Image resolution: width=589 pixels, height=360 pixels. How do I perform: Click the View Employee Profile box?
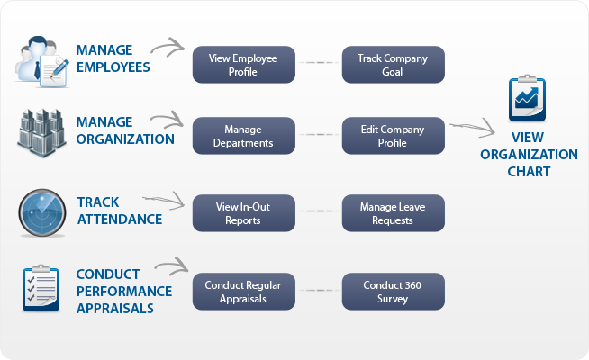[x=244, y=65]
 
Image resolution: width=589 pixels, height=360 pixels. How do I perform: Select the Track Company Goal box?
[x=394, y=65]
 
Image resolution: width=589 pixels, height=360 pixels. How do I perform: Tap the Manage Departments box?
[x=244, y=136]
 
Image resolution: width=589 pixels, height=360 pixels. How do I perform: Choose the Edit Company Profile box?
[x=394, y=136]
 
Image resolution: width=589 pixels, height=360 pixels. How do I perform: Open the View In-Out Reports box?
[x=244, y=213]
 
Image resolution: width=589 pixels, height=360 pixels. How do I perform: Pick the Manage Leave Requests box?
[x=394, y=213]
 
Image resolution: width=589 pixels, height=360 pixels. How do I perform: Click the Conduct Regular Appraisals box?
[x=244, y=292]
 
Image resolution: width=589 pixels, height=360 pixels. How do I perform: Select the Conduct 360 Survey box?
[x=394, y=292]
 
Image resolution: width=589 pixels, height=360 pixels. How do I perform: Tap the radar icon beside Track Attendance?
[x=42, y=212]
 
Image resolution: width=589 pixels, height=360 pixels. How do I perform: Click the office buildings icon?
[x=41, y=133]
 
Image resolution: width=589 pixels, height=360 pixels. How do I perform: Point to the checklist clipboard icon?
[x=41, y=288]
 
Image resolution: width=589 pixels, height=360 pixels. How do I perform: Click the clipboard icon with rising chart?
[x=528, y=98]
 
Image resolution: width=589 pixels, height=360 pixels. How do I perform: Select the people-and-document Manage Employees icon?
[x=42, y=62]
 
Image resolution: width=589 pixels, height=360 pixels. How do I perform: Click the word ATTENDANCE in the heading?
[x=120, y=220]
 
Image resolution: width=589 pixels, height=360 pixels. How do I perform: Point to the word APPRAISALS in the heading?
[x=115, y=309]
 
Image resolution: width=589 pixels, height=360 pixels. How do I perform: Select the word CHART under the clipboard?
[x=529, y=172]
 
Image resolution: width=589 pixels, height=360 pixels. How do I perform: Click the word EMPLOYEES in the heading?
[x=113, y=67]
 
